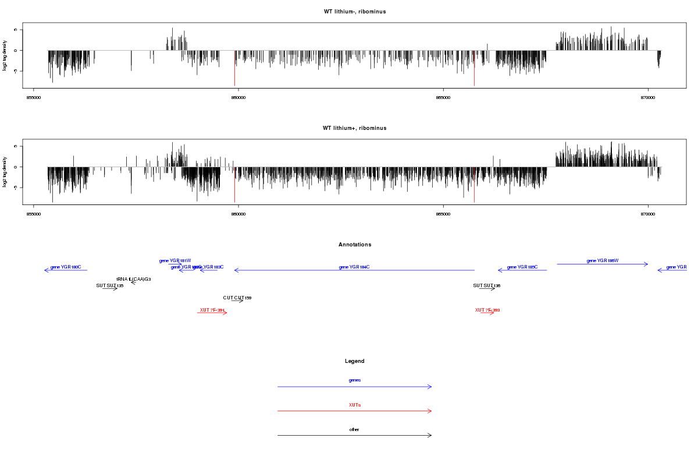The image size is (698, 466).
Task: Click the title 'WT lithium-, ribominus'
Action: pyautogui.click(x=354, y=12)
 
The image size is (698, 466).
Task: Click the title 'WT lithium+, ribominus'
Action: pyautogui.click(x=354, y=128)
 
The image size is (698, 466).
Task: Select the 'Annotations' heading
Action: pyautogui.click(x=354, y=245)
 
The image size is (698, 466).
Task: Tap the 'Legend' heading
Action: pyautogui.click(x=354, y=361)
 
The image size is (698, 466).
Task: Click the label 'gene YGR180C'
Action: pyautogui.click(x=66, y=267)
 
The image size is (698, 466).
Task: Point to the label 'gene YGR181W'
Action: pyautogui.click(x=175, y=261)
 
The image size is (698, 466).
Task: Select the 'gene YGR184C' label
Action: pyautogui.click(x=354, y=267)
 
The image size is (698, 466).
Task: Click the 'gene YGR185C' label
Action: pyautogui.click(x=522, y=267)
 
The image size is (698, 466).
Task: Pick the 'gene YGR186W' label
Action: pyautogui.click(x=603, y=261)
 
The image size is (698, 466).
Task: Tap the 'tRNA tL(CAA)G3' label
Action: pyautogui.click(x=134, y=280)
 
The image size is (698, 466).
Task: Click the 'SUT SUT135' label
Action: pyautogui.click(x=110, y=286)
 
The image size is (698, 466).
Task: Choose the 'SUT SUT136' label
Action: pyautogui.click(x=487, y=286)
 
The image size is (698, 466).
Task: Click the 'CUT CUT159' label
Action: pyautogui.click(x=237, y=298)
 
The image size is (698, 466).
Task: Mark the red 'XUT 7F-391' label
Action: pyautogui.click(x=212, y=310)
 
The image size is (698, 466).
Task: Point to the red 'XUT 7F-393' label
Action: pyautogui.click(x=487, y=310)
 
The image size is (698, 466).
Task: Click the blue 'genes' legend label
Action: pyautogui.click(x=354, y=380)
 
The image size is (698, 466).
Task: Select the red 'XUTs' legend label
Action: pyautogui.click(x=354, y=405)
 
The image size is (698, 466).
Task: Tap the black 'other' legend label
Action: pyautogui.click(x=354, y=430)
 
